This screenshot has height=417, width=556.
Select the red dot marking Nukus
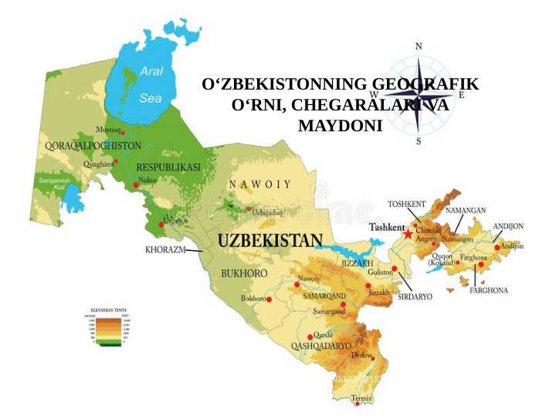135,185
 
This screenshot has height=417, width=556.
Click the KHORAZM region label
165,250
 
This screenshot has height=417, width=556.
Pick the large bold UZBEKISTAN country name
270,240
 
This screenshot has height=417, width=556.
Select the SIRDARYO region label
415,296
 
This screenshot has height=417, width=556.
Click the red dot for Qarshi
310,337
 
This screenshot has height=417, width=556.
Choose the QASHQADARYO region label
320,347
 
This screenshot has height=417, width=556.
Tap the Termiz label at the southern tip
361,398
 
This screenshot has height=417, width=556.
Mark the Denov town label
361,354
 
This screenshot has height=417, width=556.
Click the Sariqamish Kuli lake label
54,183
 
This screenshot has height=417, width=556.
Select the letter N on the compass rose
419,46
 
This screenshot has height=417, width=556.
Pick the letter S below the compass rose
419,141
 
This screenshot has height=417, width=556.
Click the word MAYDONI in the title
340,124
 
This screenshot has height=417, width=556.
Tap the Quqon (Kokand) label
442,259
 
